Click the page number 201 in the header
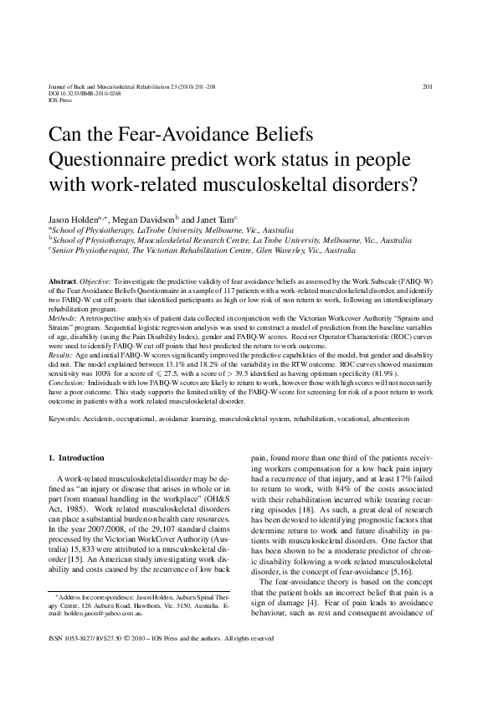click(427, 86)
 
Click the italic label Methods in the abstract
click(63, 319)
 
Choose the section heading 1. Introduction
click(76, 458)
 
